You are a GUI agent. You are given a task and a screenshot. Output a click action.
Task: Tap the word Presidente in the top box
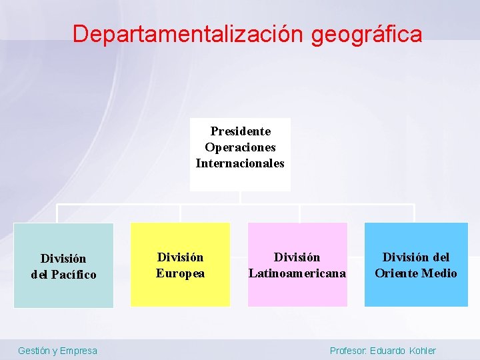click(x=240, y=131)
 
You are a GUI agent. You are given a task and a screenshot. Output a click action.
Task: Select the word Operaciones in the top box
click(x=240, y=147)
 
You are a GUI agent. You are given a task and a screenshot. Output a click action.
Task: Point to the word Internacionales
click(x=240, y=163)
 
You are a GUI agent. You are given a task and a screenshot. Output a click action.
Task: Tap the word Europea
click(x=180, y=273)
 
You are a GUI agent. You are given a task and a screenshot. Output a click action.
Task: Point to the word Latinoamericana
click(x=297, y=273)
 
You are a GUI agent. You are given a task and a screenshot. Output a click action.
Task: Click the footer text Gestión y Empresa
click(x=57, y=351)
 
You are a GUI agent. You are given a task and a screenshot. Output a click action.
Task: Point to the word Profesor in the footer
click(x=347, y=351)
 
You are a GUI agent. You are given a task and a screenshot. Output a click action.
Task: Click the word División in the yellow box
click(x=180, y=257)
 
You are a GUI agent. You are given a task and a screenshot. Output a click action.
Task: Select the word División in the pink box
click(x=297, y=257)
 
